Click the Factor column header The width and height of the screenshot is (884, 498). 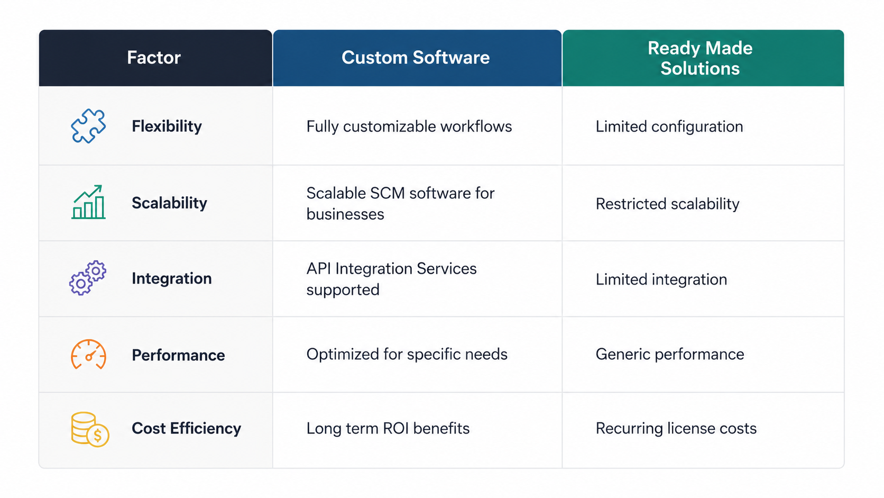(x=154, y=58)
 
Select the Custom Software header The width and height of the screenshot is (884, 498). (x=416, y=58)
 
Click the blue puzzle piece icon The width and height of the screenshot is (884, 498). (x=88, y=126)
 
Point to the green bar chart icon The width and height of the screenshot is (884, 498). (x=88, y=202)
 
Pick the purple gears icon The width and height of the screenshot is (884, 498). (x=88, y=278)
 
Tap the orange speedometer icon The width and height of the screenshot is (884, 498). (x=88, y=354)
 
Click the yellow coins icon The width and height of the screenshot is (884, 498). (x=90, y=429)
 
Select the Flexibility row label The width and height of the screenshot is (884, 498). (x=167, y=126)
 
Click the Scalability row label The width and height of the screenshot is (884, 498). (x=169, y=203)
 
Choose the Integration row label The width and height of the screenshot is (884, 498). (x=172, y=278)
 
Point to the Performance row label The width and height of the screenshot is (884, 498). (x=178, y=355)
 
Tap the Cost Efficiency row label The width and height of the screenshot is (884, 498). (x=186, y=429)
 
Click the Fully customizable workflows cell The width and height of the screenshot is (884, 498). (x=409, y=127)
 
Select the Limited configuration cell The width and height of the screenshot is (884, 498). (x=669, y=127)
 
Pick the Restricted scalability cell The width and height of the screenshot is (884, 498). (x=668, y=204)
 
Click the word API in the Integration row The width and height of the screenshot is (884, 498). (x=318, y=268)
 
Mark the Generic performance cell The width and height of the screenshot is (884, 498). (x=670, y=354)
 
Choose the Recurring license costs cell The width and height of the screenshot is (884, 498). (x=676, y=429)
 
